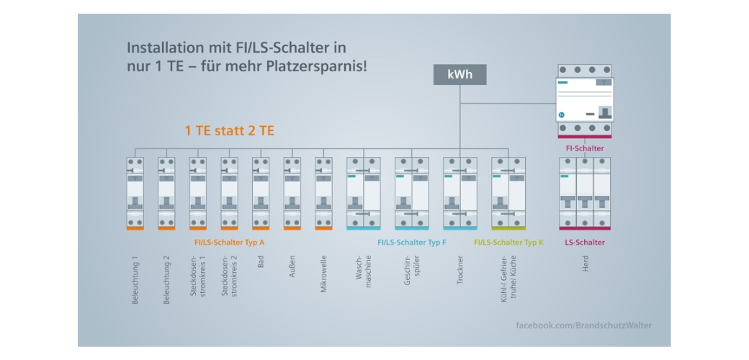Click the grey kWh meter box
pyautogui.click(x=459, y=75)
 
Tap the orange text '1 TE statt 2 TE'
pyautogui.click(x=230, y=131)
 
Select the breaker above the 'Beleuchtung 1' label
pyautogui.click(x=135, y=192)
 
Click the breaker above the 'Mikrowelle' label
pyautogui.click(x=323, y=192)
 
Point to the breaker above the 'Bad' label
pyautogui.click(x=261, y=192)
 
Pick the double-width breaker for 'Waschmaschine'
pyautogui.click(x=363, y=192)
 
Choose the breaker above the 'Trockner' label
pyautogui.click(x=459, y=192)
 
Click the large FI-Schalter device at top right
pyautogui.click(x=585, y=100)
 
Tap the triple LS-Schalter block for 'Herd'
pyautogui.click(x=585, y=192)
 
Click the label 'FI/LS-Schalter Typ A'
pyautogui.click(x=230, y=243)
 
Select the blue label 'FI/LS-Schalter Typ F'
pyautogui.click(x=411, y=243)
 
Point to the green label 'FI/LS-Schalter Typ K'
pyautogui.click(x=508, y=243)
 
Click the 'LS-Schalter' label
pyautogui.click(x=585, y=243)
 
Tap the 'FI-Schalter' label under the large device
pyautogui.click(x=585, y=148)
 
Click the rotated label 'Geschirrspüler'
pyautogui.click(x=412, y=274)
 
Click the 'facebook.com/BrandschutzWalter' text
pyautogui.click(x=583, y=325)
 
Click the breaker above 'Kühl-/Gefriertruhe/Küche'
pyautogui.click(x=508, y=192)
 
